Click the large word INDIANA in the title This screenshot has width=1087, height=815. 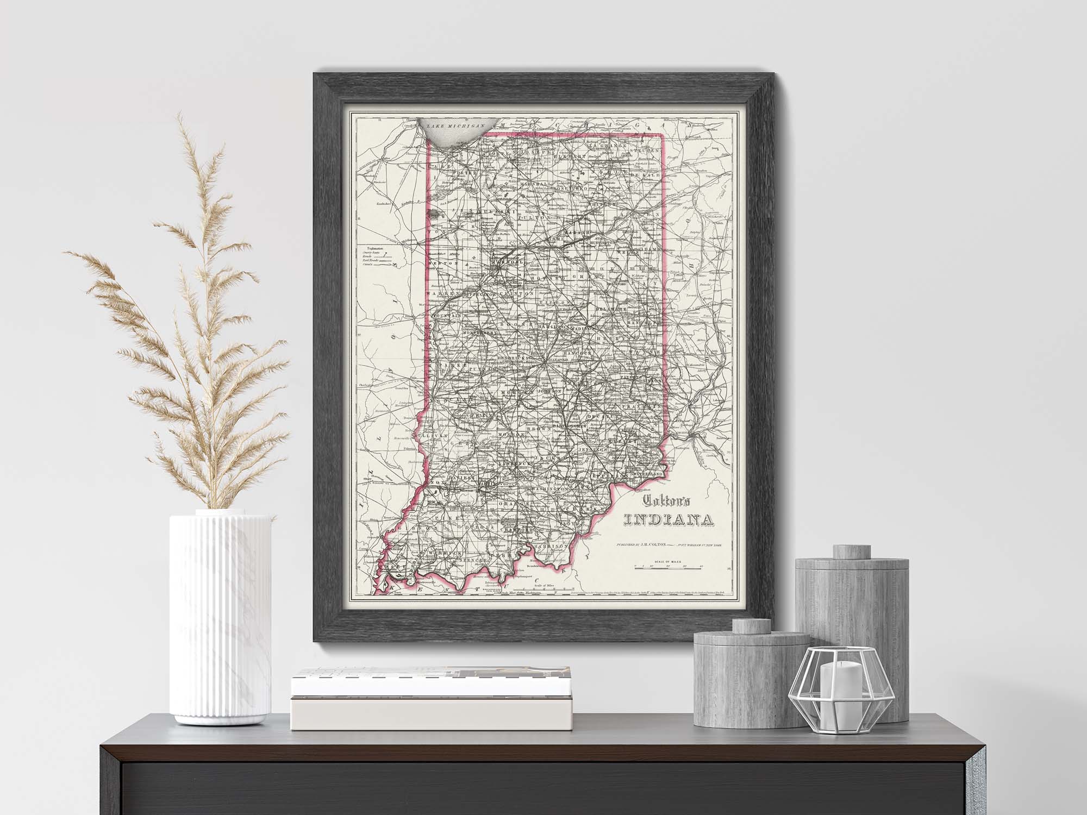[x=669, y=522]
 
